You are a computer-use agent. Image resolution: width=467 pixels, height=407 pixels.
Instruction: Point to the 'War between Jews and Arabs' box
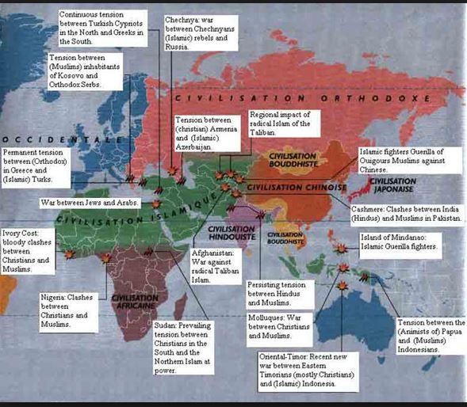90,203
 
